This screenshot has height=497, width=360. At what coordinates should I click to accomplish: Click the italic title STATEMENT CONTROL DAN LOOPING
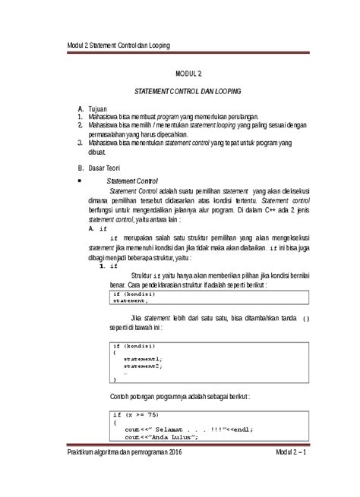coord(188,91)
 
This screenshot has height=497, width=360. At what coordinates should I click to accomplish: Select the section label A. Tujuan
coord(98,109)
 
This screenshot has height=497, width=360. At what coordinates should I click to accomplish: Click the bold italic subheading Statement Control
coord(132,181)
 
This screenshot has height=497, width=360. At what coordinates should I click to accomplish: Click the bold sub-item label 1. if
coord(109,266)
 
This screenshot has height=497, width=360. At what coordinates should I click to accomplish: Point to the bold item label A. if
coord(98,228)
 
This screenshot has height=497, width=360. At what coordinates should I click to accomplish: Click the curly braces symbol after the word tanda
coord(305,319)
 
